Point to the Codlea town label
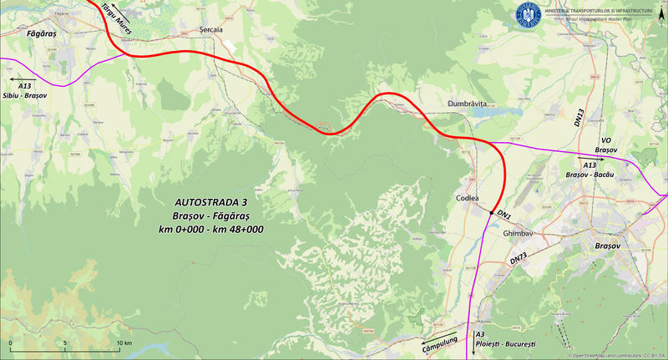(x=468, y=199)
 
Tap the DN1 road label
(x=504, y=215)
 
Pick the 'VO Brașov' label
(x=605, y=145)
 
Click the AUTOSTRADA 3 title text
(x=212, y=202)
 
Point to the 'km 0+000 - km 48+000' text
(x=212, y=228)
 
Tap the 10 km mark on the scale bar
(x=124, y=343)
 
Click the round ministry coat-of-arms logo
(x=529, y=13)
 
